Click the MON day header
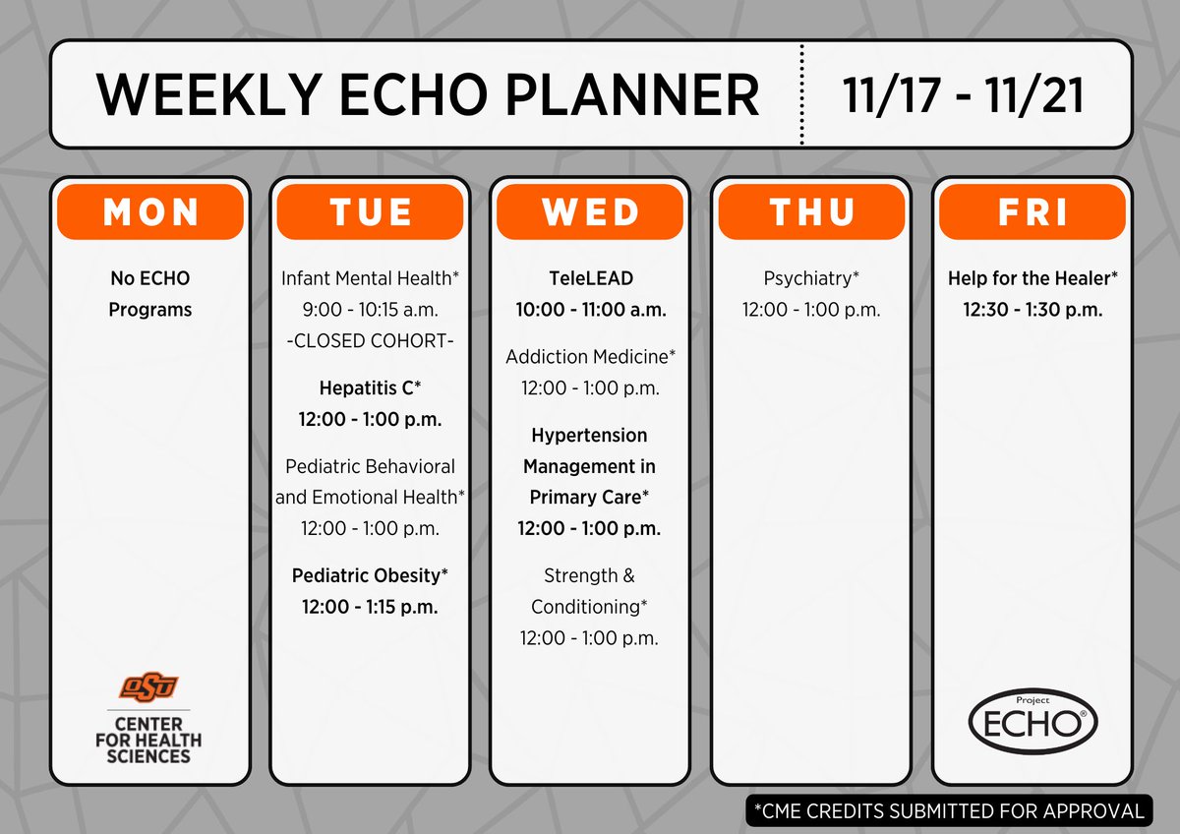[x=149, y=211]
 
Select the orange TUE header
[x=370, y=211]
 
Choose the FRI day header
[x=1032, y=211]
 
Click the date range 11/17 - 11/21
[x=964, y=95]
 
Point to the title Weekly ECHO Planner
[x=428, y=95]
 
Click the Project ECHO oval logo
[x=1032, y=721]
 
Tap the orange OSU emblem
[x=149, y=685]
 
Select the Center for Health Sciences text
[x=149, y=739]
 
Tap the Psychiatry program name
[x=810, y=278]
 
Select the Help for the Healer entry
[x=1032, y=278]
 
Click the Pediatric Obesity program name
[x=370, y=575]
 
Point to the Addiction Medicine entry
[x=591, y=357]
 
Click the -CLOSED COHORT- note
[x=370, y=341]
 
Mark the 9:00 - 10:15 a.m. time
[x=370, y=310]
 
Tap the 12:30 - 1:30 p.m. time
[x=1032, y=310]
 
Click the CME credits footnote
[x=949, y=811]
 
